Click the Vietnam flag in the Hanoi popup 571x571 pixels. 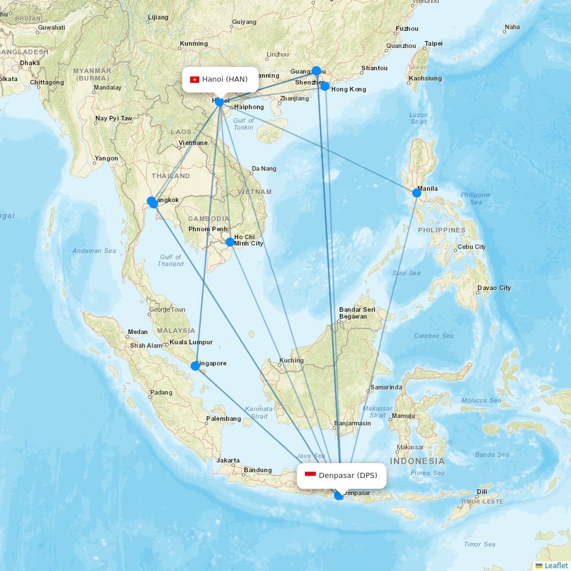pyautogui.click(x=194, y=79)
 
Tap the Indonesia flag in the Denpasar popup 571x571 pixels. pyautogui.click(x=310, y=475)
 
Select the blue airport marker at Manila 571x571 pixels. pyautogui.click(x=417, y=193)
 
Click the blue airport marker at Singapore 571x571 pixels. pyautogui.click(x=195, y=365)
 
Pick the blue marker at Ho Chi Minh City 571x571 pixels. pyautogui.click(x=230, y=242)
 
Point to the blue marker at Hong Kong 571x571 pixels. pyautogui.click(x=325, y=86)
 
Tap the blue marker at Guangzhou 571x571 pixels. pyautogui.click(x=316, y=71)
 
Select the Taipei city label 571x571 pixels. pyautogui.click(x=433, y=43)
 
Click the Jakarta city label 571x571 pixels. pyautogui.click(x=228, y=460)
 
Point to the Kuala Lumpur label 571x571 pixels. pyautogui.click(x=191, y=343)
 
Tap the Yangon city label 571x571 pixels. pyautogui.click(x=107, y=159)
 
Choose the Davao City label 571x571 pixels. pyautogui.click(x=494, y=288)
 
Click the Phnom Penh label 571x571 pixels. pyautogui.click(x=208, y=230)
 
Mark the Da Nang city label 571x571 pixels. pyautogui.click(x=264, y=169)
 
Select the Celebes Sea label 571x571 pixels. pyautogui.click(x=434, y=336)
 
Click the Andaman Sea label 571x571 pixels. pyautogui.click(x=94, y=251)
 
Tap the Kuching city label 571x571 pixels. pyautogui.click(x=291, y=361)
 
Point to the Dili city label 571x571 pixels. pyautogui.click(x=482, y=492)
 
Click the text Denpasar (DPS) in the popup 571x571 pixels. pyautogui.click(x=348, y=475)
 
